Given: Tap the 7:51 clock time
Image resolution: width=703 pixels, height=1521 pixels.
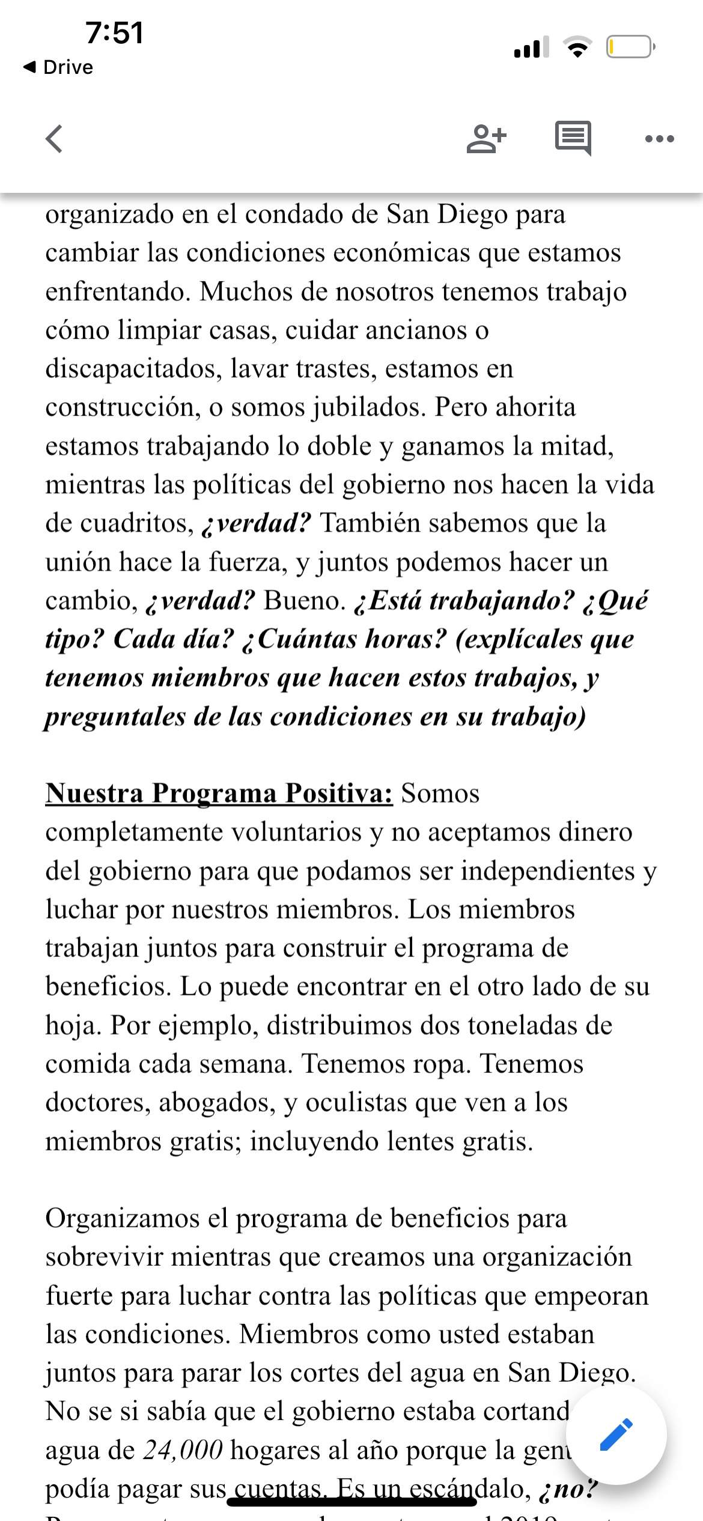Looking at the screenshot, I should pos(114,33).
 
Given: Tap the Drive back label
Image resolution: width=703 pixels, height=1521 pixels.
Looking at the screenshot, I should pos(59,67).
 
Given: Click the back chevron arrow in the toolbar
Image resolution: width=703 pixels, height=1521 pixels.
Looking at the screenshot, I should pos(54,139).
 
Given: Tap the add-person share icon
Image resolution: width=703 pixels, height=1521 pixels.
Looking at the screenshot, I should pos(486,139).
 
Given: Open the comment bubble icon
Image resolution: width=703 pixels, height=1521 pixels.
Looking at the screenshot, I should pos(573,138).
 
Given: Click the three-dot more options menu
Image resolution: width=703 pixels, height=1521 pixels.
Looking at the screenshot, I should pos(659,139).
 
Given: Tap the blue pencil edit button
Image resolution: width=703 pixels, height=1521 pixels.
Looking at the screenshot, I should pos(616,1435).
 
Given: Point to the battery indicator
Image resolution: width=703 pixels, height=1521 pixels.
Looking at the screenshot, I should pos(630,47).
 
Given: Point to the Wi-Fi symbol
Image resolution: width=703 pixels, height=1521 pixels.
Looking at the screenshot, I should pos(577,47).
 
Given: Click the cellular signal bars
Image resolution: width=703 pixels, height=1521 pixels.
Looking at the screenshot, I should pos(531,47).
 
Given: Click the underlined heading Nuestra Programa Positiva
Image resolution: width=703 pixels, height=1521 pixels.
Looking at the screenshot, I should pos(219,794).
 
